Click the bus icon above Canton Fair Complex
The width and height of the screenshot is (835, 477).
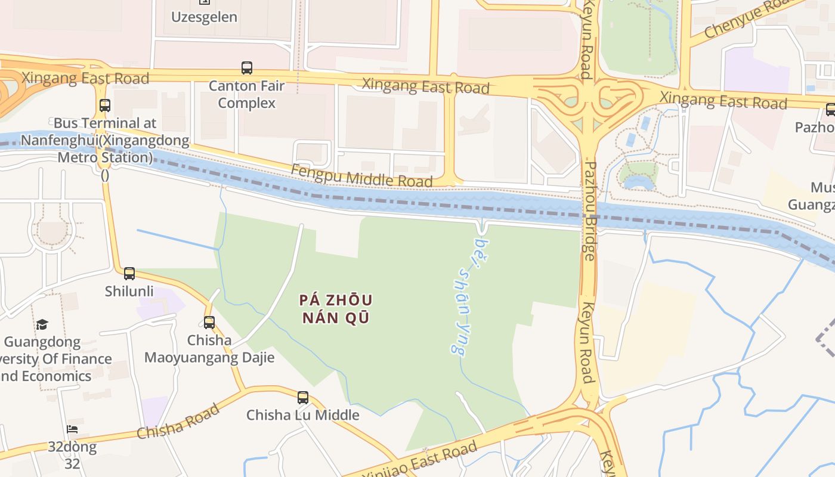(247, 68)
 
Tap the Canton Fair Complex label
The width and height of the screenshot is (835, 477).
(247, 94)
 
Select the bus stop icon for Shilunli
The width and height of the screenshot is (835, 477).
(129, 274)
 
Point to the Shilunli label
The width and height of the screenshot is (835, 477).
(129, 292)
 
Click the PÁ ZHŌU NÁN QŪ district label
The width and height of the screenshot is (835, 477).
(336, 309)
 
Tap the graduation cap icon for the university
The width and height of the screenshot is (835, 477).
(42, 324)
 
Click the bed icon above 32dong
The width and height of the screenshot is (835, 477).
(72, 429)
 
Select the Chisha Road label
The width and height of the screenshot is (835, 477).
(178, 420)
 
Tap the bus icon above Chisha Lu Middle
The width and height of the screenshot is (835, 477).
(303, 397)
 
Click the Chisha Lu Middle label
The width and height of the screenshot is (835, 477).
(303, 415)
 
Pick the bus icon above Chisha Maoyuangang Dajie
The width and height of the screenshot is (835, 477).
(209, 323)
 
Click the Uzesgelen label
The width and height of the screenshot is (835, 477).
(204, 17)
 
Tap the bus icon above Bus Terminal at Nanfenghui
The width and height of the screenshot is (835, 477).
(105, 106)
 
